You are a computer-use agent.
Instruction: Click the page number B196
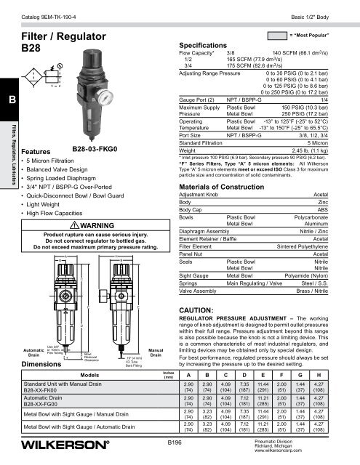tap(179, 442)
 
